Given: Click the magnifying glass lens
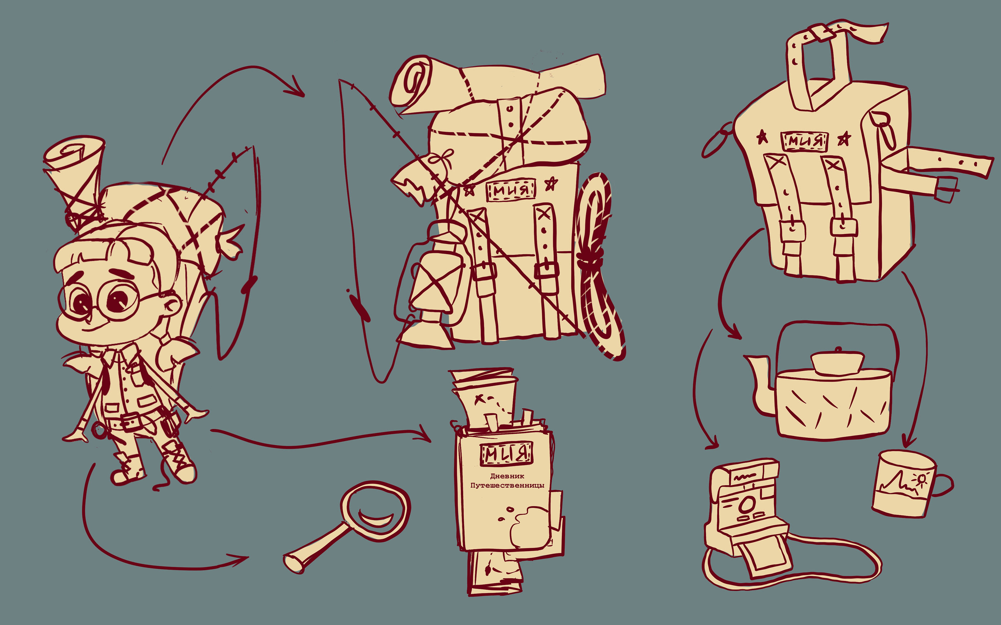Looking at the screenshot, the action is tap(375, 511).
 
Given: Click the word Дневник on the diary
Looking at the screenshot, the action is tap(507, 476).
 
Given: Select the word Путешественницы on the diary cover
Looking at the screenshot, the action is tap(507, 485).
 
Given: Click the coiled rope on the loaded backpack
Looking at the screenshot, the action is tap(600, 264).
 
